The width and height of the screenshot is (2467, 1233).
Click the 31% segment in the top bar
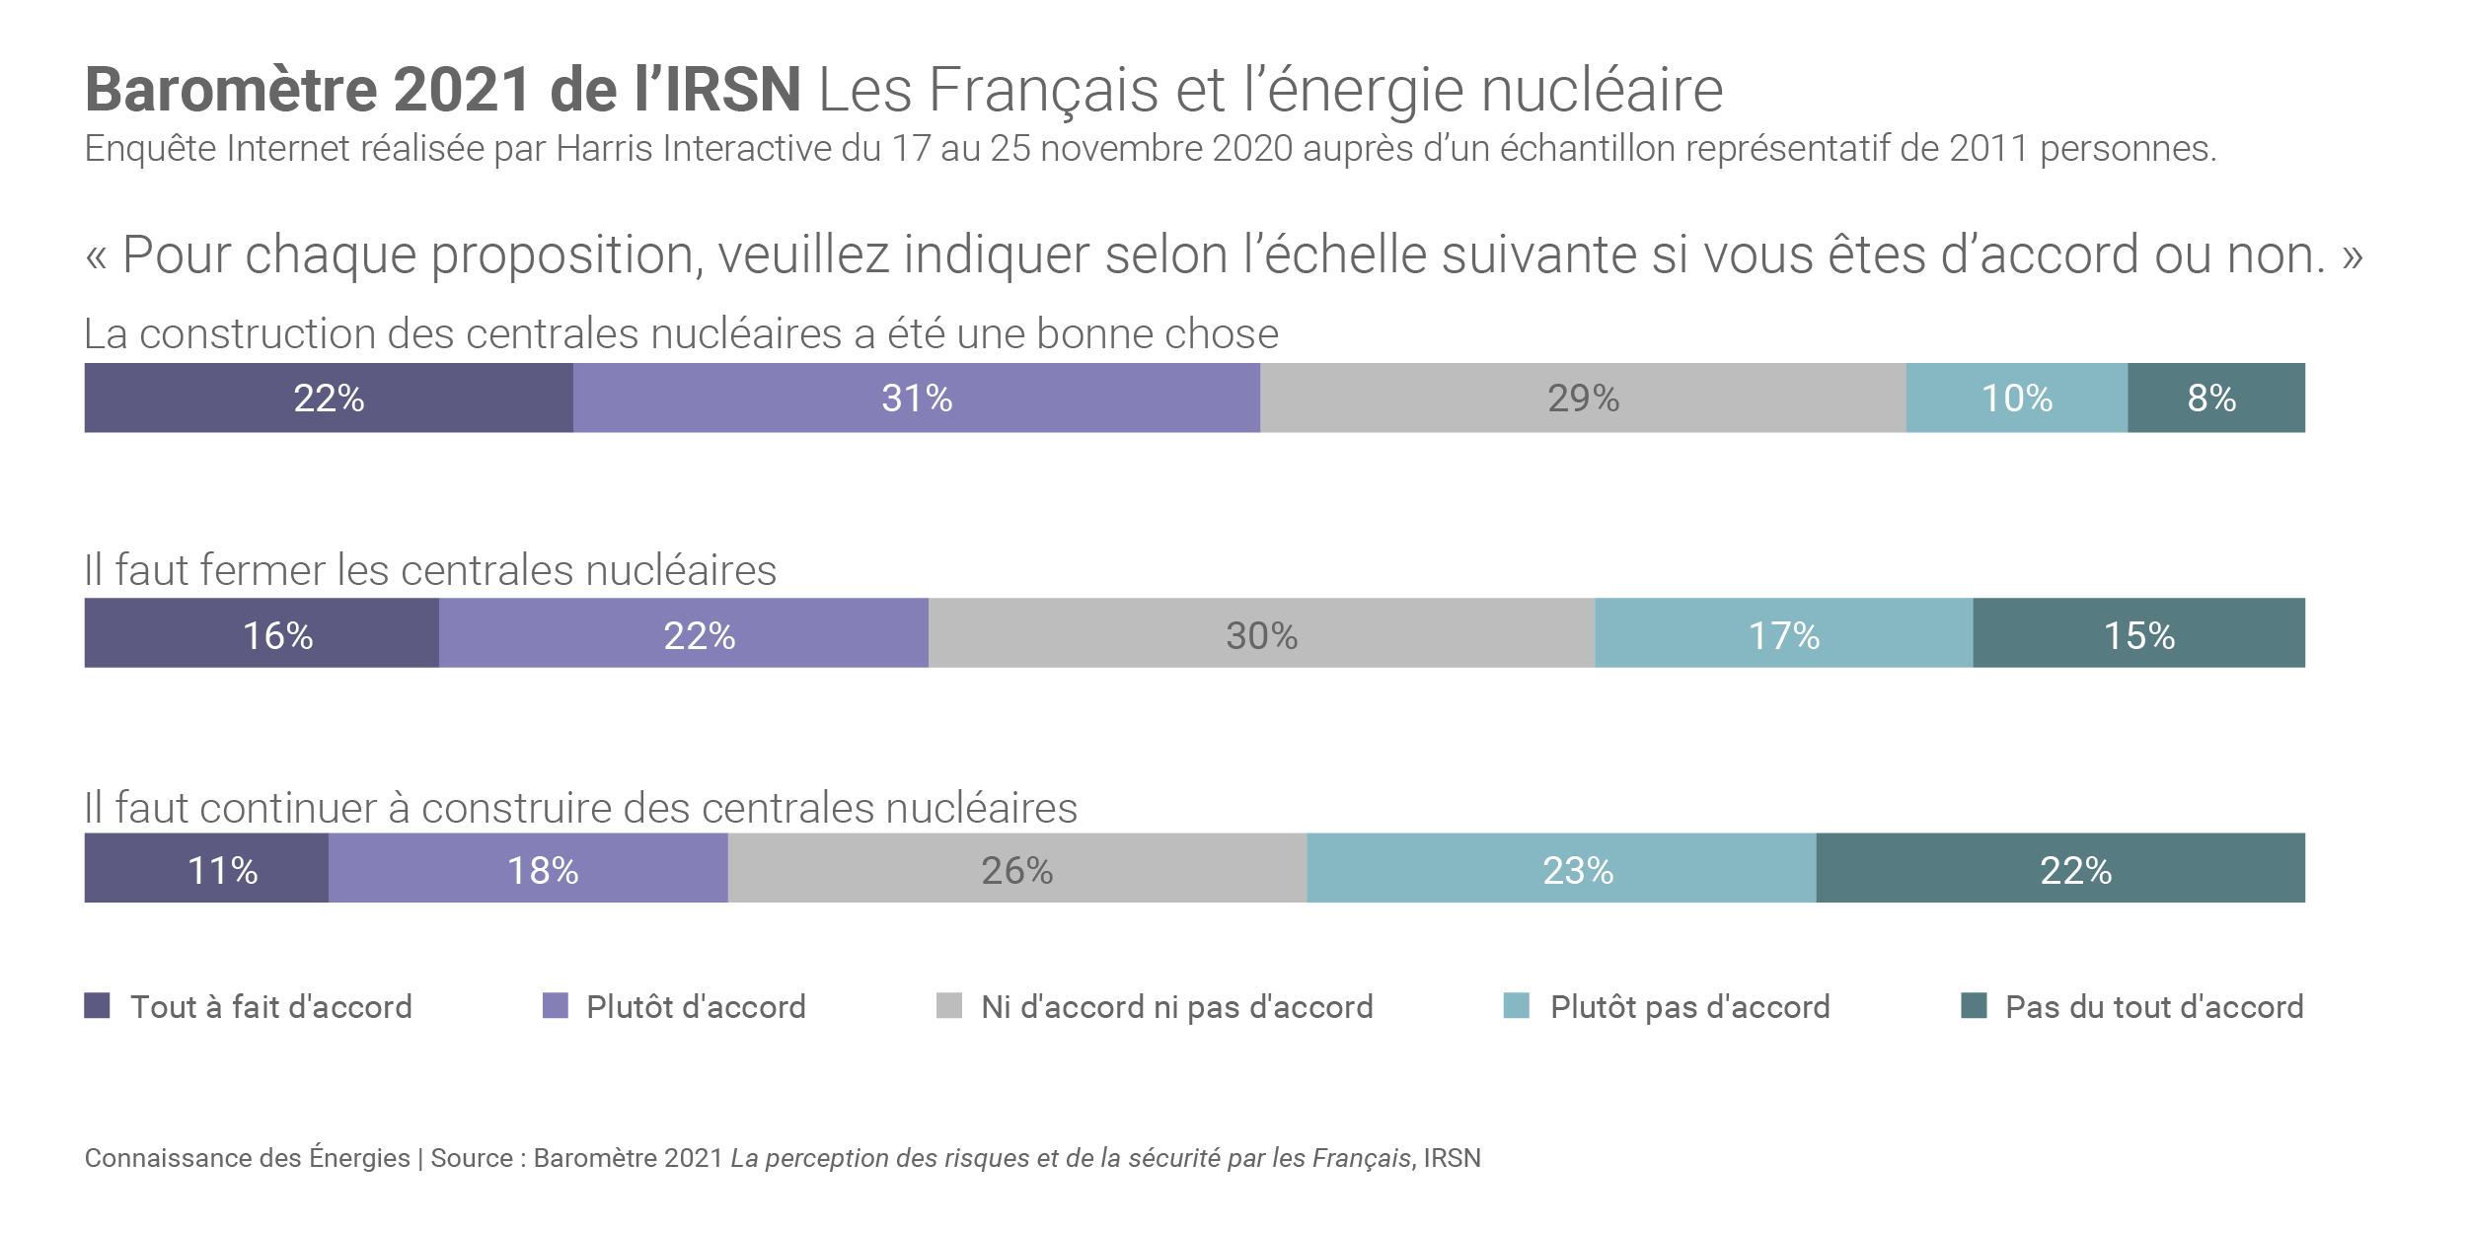pyautogui.click(x=916, y=398)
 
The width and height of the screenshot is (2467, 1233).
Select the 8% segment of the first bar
pyautogui.click(x=2215, y=398)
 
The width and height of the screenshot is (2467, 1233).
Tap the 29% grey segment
pyautogui.click(x=1583, y=398)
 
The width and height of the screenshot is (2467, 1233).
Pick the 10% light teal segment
pyautogui.click(x=2016, y=398)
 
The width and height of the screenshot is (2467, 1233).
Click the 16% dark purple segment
pyautogui.click(x=262, y=633)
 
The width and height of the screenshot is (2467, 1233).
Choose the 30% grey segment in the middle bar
pyautogui.click(x=1261, y=633)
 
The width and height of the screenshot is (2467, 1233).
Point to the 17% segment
pyautogui.click(x=1783, y=633)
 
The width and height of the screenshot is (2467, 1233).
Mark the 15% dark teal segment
pyautogui.click(x=2138, y=633)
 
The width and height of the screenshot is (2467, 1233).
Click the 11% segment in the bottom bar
pyautogui.click(x=206, y=868)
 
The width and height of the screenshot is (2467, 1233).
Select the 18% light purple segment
pyautogui.click(x=528, y=868)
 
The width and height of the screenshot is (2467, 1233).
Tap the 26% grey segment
pyautogui.click(x=1016, y=868)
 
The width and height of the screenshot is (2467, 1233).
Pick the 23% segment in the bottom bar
pyautogui.click(x=1561, y=868)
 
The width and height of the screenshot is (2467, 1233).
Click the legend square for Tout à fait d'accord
pyautogui.click(x=97, y=1005)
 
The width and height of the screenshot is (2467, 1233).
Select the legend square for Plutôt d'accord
pyautogui.click(x=556, y=1005)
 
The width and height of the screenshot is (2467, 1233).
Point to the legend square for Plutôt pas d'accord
pyautogui.click(x=1516, y=1005)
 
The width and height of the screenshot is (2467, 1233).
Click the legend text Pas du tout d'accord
pyautogui.click(x=2154, y=1007)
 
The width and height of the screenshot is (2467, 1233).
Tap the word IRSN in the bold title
pyautogui.click(x=732, y=90)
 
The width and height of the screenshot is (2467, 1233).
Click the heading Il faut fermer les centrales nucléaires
pyautogui.click(x=430, y=570)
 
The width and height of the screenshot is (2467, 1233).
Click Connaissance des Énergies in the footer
pyautogui.click(x=247, y=1158)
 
